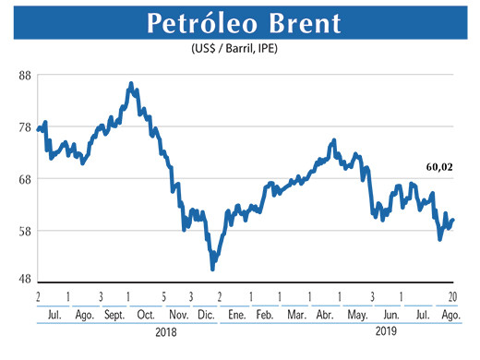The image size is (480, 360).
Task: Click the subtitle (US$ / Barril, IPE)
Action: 239,49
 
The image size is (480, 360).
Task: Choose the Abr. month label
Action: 325,316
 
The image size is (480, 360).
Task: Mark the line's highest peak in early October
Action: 131,83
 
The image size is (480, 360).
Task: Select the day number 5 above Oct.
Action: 163,295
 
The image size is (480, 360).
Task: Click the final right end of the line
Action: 453,220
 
